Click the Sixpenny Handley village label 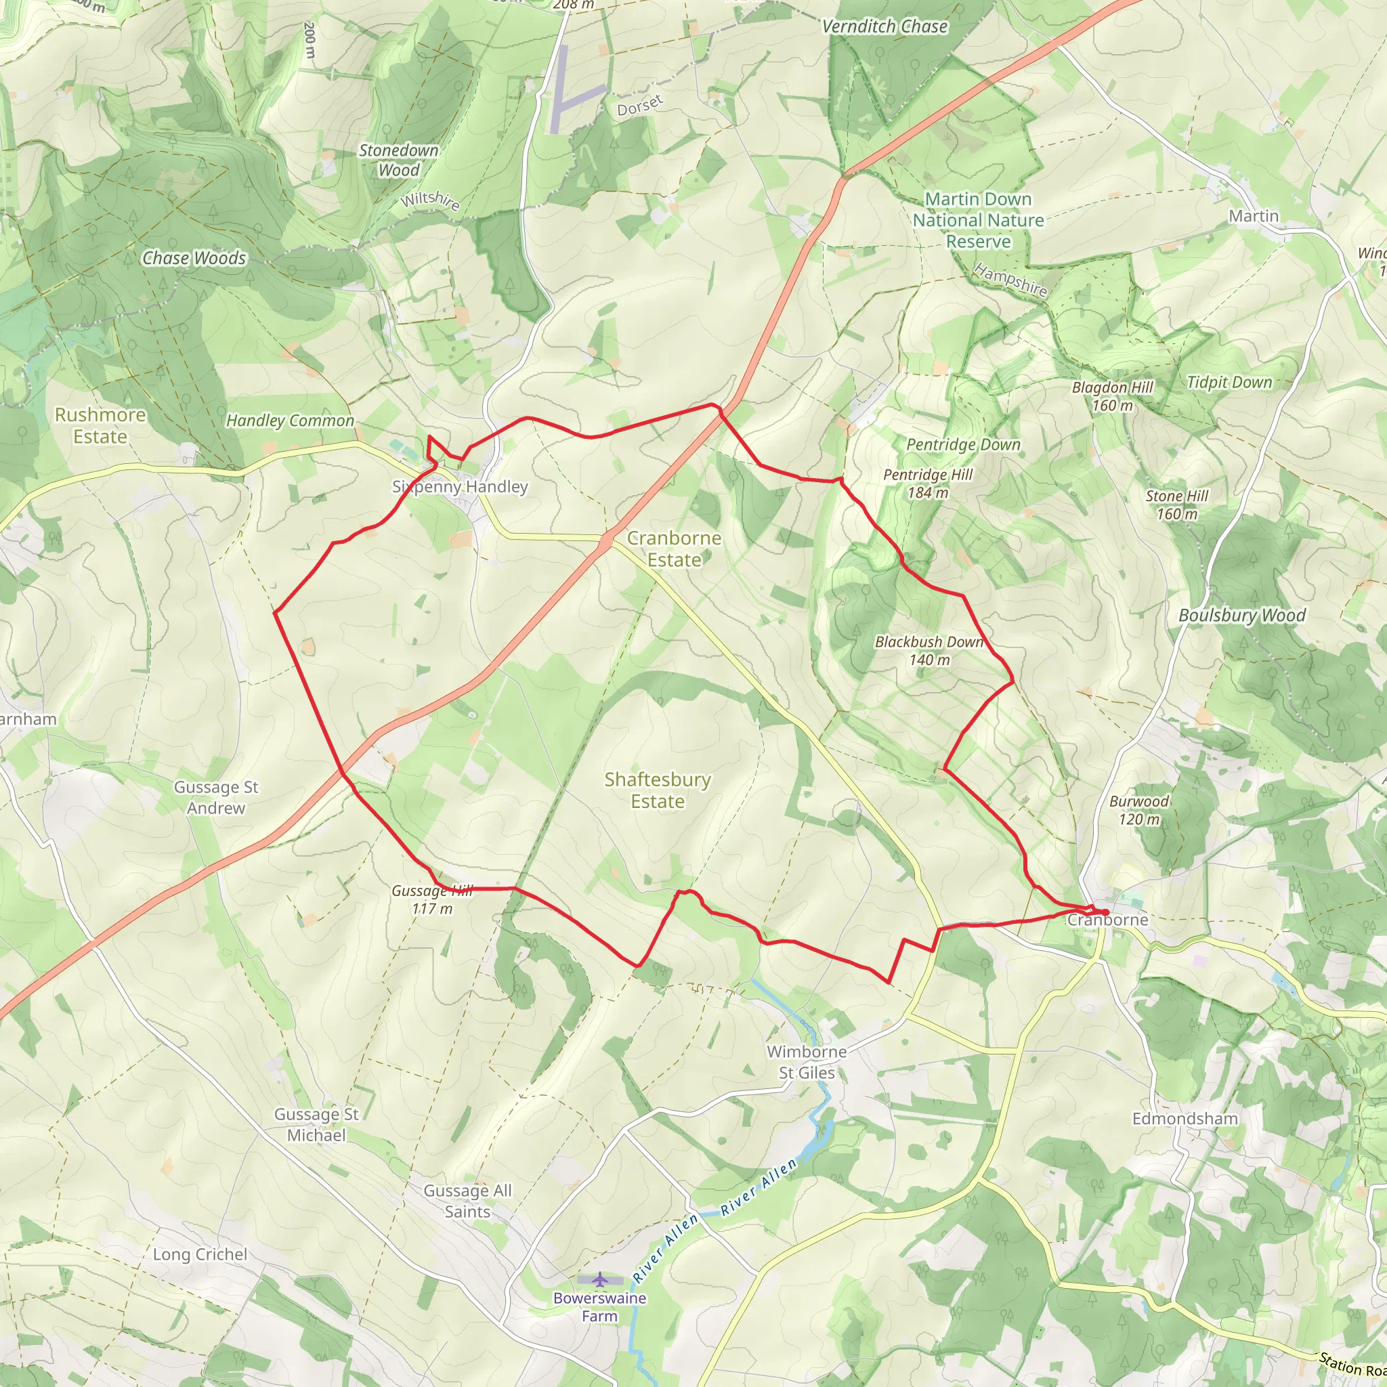coord(459,487)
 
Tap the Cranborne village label coord(1107,920)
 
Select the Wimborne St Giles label coord(807,1062)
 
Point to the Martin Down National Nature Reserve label coord(978,219)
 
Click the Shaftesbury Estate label coord(658,790)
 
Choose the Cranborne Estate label coord(674,549)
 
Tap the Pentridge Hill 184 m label coord(928,483)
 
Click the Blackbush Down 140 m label coord(929,650)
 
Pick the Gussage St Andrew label coord(216,798)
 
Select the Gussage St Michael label coord(316,1124)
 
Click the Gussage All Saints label coord(467,1201)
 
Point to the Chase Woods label coord(194,258)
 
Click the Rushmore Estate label coord(100,426)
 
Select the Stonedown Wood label coord(398,160)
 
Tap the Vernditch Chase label coord(884,26)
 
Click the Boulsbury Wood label coord(1242,615)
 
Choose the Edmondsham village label coord(1185,1119)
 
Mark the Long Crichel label coord(200,1254)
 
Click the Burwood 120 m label coord(1138,810)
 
